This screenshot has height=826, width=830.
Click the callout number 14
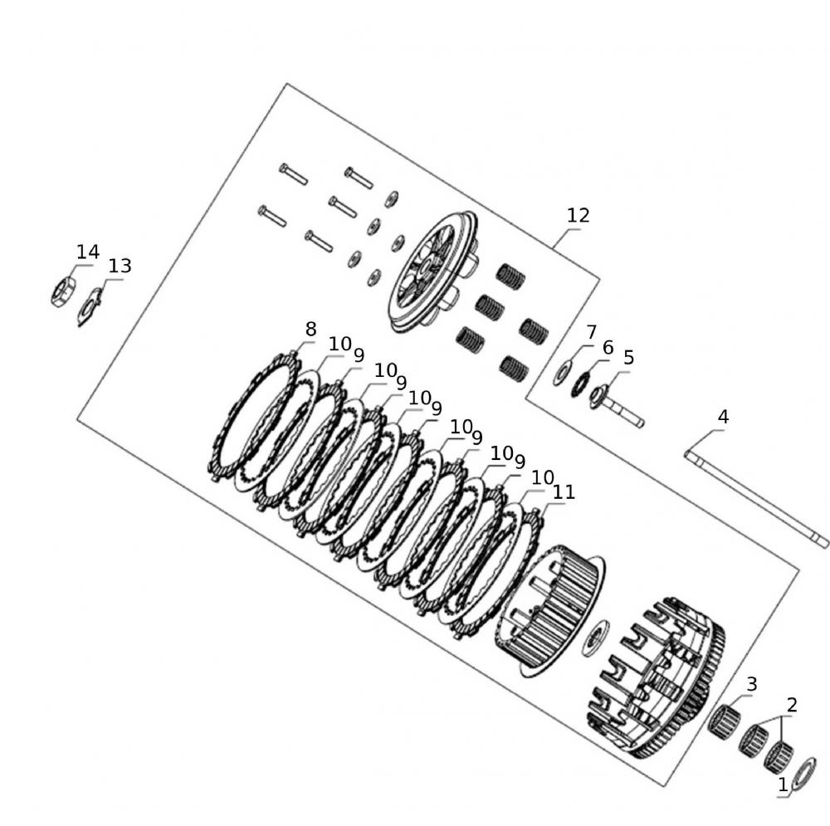coord(87,252)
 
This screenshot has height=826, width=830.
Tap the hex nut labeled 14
coord(63,291)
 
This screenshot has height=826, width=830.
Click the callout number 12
coord(578,215)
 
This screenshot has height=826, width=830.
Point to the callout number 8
coord(310,329)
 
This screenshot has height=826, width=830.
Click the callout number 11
coord(564,492)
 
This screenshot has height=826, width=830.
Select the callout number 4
coord(723,417)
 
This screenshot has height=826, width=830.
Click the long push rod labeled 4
coord(755,498)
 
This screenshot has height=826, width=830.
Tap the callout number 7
coord(591,332)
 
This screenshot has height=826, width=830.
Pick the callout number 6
coord(608,347)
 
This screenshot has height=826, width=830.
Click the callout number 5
coord(628,358)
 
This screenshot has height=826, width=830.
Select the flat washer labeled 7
coord(562,374)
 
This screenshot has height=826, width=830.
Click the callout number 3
coord(751,684)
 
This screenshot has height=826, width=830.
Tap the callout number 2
coord(792,705)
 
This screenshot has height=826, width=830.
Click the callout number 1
coord(783,784)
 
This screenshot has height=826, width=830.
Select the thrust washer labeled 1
coord(804,773)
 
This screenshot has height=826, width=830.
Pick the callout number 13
coord(120,266)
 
